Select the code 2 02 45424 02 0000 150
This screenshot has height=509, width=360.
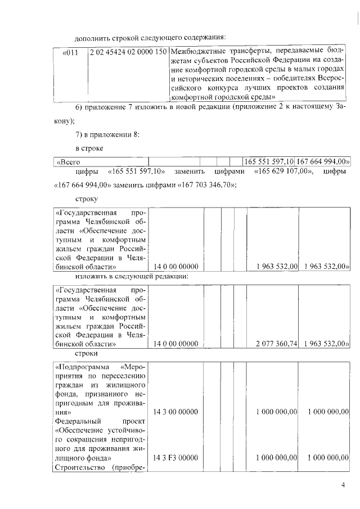(x=128, y=52)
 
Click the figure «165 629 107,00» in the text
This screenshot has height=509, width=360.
(x=283, y=172)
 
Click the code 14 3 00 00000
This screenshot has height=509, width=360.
(x=175, y=412)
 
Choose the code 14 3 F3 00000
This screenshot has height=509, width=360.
(x=176, y=458)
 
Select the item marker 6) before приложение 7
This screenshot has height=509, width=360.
(x=80, y=107)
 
